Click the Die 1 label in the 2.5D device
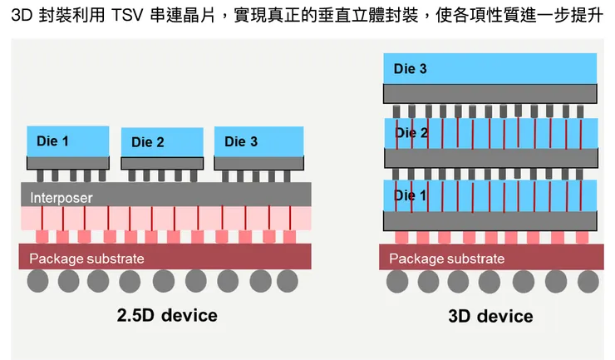(x=53, y=141)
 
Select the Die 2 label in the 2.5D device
(x=148, y=142)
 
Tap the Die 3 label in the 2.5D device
(x=241, y=141)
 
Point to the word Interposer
(x=62, y=198)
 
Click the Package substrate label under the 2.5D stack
(x=86, y=259)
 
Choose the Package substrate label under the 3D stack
(x=447, y=259)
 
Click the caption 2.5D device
(x=167, y=315)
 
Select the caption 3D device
(x=490, y=316)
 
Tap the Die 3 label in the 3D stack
(x=411, y=69)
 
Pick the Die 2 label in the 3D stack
(x=411, y=133)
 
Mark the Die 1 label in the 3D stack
(x=410, y=195)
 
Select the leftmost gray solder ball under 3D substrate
(x=397, y=282)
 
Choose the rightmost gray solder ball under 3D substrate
(x=588, y=282)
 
